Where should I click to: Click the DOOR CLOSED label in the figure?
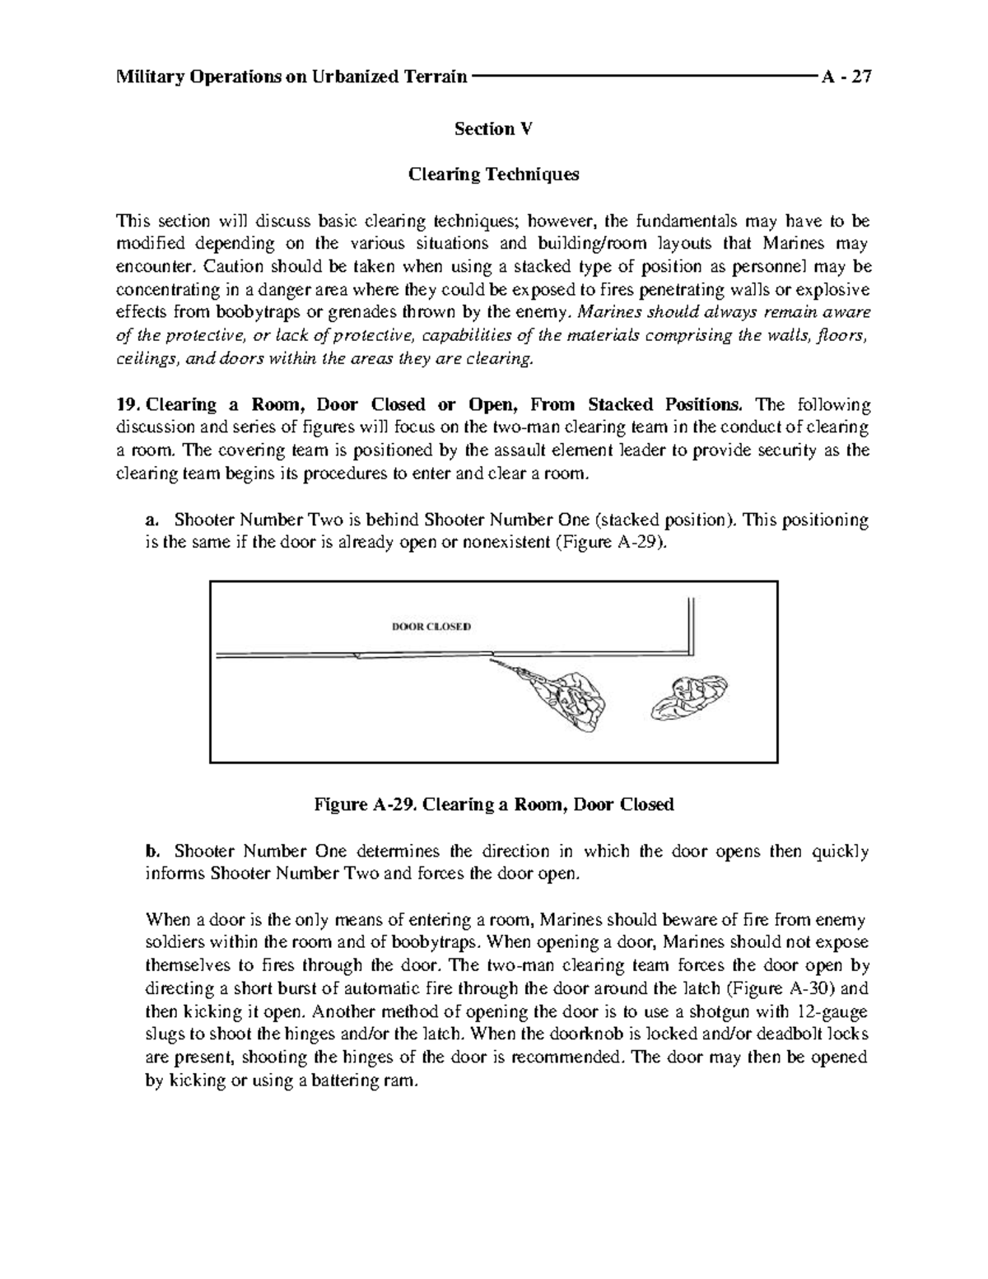click(430, 626)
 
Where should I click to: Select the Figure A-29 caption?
click(494, 805)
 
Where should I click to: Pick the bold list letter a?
click(149, 520)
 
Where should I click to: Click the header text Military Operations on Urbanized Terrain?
click(292, 77)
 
